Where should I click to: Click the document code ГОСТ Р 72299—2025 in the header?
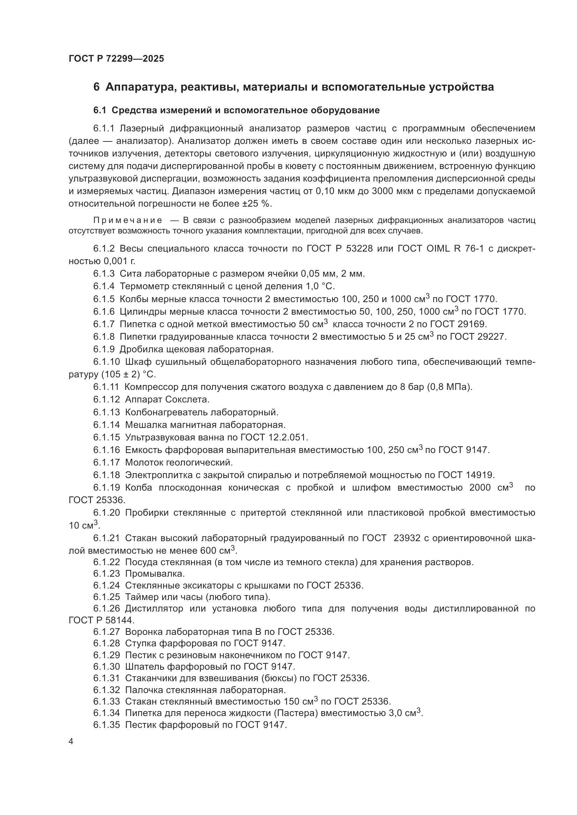click(x=116, y=59)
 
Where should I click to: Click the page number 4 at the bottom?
click(x=71, y=742)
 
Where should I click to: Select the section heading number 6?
click(x=96, y=87)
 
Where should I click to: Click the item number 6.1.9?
click(x=104, y=349)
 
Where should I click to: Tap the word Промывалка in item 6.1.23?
click(x=155, y=574)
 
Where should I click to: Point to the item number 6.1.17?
click(x=107, y=462)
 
